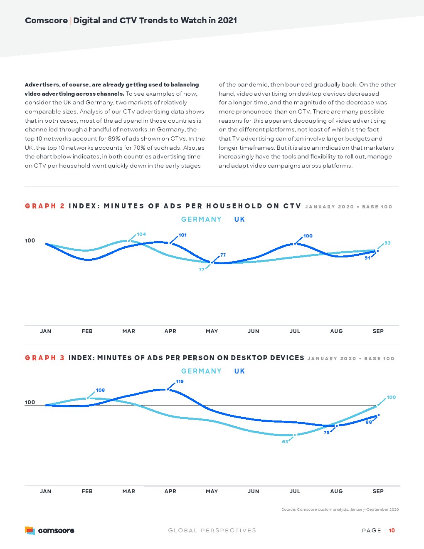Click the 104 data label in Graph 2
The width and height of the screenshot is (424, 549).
(141, 234)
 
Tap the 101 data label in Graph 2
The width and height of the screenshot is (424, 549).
(182, 235)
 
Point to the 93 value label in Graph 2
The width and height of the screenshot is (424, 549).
(387, 243)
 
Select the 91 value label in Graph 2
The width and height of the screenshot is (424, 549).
(367, 258)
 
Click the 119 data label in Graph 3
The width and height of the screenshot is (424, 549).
(180, 381)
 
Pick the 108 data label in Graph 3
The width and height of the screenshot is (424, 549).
(100, 390)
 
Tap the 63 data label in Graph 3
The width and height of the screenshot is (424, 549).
(285, 442)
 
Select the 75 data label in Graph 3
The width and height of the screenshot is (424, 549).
(326, 433)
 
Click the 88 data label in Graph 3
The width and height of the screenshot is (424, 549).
(369, 422)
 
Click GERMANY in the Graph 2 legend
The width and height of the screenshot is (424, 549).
(201, 219)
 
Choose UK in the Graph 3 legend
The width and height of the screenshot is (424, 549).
(239, 371)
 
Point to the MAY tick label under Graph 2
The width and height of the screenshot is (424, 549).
(212, 331)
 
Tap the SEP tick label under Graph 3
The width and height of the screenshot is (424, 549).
(378, 491)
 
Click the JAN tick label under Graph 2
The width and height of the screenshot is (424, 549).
(46, 331)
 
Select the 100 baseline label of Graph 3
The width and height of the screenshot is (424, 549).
(30, 402)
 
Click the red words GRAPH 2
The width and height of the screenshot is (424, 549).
(45, 206)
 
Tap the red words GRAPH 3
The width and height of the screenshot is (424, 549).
(45, 358)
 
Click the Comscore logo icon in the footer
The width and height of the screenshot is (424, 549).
(30, 530)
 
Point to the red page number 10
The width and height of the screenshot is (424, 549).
(392, 530)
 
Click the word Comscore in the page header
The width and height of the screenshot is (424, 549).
(46, 20)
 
